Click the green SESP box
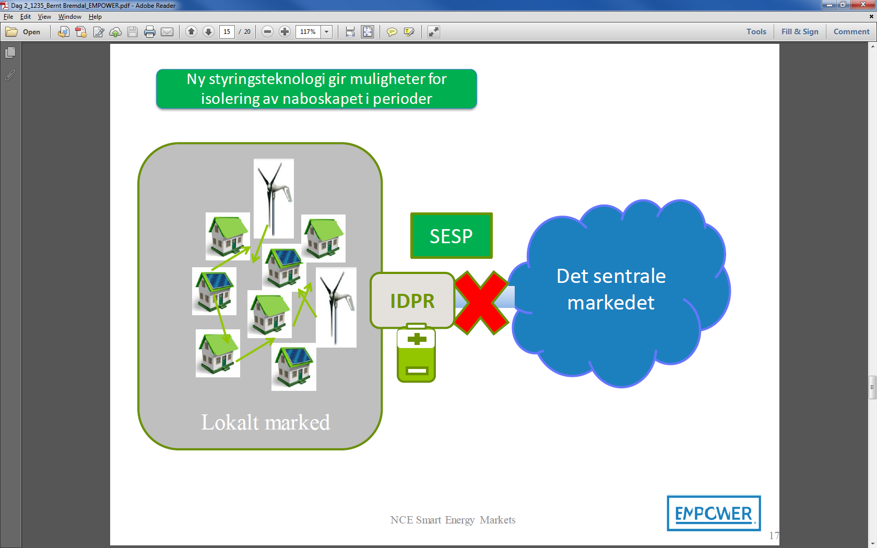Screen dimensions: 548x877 pyautogui.click(x=451, y=236)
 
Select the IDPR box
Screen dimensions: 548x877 pyautogui.click(x=412, y=301)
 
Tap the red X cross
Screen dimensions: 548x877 pyautogui.click(x=481, y=303)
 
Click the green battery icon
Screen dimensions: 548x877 pyautogui.click(x=416, y=355)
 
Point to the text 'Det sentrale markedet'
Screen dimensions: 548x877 pyautogui.click(x=611, y=289)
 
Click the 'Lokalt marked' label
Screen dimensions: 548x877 pyautogui.click(x=265, y=422)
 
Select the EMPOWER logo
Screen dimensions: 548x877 pyautogui.click(x=714, y=514)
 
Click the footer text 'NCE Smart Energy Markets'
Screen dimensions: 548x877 pyautogui.click(x=453, y=520)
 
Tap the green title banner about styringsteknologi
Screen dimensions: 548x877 pyautogui.click(x=316, y=89)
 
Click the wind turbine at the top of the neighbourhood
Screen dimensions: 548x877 pyautogui.click(x=274, y=198)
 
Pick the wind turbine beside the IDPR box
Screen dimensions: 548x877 pyautogui.click(x=336, y=307)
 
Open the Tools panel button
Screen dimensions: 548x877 pyautogui.click(x=756, y=32)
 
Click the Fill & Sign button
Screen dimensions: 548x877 pyautogui.click(x=799, y=32)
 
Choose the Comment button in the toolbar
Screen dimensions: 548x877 pyautogui.click(x=851, y=32)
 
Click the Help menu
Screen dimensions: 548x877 pyautogui.click(x=95, y=17)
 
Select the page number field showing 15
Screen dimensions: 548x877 pyautogui.click(x=227, y=32)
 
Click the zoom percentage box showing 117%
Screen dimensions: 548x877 pyautogui.click(x=308, y=32)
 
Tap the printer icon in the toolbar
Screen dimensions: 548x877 pyautogui.click(x=150, y=32)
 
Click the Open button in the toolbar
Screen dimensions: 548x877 pyautogui.click(x=23, y=32)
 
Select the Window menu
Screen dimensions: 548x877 pyautogui.click(x=69, y=17)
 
